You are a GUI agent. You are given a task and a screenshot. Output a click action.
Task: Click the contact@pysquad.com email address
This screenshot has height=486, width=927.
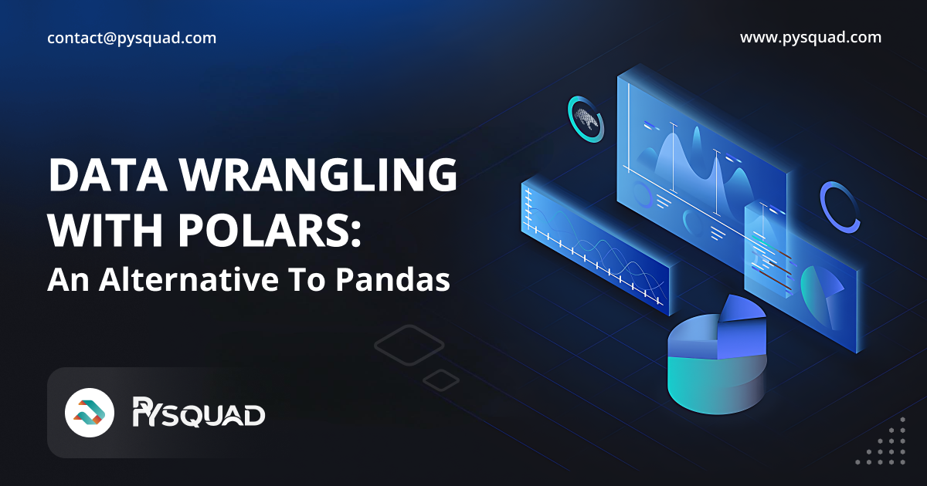(131, 38)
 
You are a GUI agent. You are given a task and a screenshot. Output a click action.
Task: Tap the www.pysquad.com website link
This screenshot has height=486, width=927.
(810, 37)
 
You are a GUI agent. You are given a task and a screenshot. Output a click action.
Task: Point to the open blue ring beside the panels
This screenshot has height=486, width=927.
(840, 206)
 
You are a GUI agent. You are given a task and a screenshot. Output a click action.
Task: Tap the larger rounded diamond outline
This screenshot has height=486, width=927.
(409, 344)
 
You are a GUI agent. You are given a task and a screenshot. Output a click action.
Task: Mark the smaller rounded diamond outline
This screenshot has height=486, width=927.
(441, 380)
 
